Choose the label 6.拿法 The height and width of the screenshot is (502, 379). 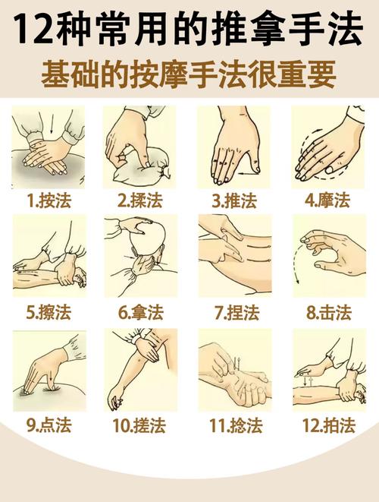141,311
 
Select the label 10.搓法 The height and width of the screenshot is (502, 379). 141,425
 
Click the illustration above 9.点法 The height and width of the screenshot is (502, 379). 49,370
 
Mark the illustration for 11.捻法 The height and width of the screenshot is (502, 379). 234,370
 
